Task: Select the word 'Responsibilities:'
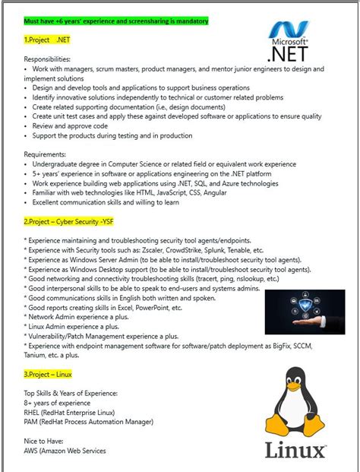click(47, 59)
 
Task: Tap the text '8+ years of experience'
click(57, 402)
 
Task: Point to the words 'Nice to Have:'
click(45, 440)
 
